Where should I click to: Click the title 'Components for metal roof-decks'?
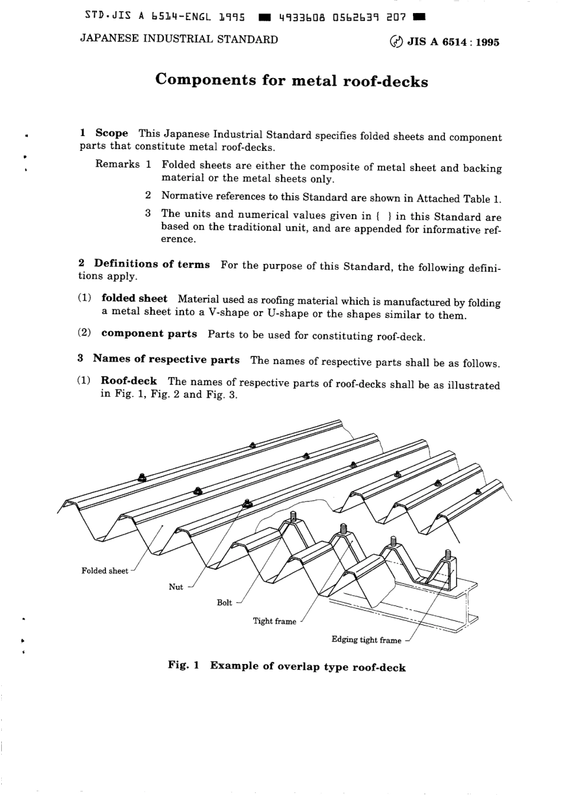click(291, 80)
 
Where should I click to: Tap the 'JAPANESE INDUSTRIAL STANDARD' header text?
click(179, 40)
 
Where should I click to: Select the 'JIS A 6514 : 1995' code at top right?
click(453, 42)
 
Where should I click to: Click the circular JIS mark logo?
click(396, 42)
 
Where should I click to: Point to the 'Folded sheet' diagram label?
click(105, 571)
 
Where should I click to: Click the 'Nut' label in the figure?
click(176, 586)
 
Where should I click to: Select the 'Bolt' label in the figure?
click(224, 602)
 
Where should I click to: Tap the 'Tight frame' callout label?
click(274, 621)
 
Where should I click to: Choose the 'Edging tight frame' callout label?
click(366, 640)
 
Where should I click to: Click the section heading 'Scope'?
click(111, 133)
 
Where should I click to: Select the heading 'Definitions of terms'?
click(151, 264)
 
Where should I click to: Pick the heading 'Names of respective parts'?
click(166, 359)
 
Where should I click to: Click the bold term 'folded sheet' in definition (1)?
click(134, 298)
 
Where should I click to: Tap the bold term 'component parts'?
click(149, 333)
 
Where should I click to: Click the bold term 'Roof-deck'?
click(129, 381)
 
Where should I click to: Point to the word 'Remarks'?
click(118, 164)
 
